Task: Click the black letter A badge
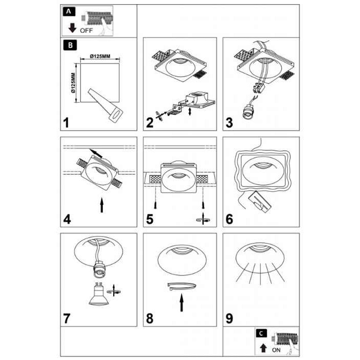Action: click(x=69, y=11)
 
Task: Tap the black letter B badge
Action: click(x=70, y=45)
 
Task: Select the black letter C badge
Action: click(x=261, y=333)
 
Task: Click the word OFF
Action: click(x=86, y=30)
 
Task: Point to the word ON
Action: click(x=276, y=350)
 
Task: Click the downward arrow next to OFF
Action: click(x=73, y=28)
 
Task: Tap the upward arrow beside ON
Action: click(x=263, y=348)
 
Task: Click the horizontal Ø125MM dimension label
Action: click(x=100, y=56)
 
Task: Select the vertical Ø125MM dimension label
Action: click(x=73, y=83)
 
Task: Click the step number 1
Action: click(x=66, y=123)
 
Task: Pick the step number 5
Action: click(x=150, y=219)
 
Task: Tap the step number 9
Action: click(x=229, y=318)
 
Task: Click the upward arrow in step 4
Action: click(x=102, y=205)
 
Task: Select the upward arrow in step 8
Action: click(x=182, y=302)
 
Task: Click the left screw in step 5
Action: click(x=155, y=205)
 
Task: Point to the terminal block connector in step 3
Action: click(x=259, y=88)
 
